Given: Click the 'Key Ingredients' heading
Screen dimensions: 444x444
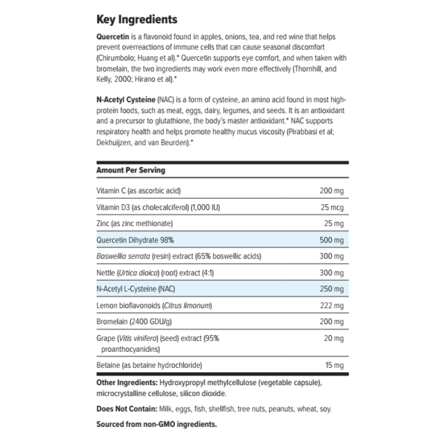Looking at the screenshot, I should point(137,19).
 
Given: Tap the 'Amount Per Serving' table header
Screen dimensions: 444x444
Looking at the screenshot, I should point(130,170).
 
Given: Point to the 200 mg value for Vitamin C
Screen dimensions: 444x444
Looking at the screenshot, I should point(332,191).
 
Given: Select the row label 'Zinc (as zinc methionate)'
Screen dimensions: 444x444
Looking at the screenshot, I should point(134,223).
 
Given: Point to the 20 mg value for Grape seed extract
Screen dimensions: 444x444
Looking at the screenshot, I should point(334,338).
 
